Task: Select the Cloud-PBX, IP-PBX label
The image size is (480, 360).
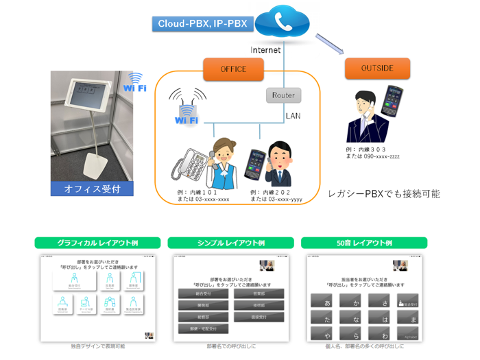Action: pos(202,24)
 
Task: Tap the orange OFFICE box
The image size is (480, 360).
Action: pos(233,69)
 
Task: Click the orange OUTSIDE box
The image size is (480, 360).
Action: pos(376,68)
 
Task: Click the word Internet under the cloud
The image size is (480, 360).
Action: pos(266,50)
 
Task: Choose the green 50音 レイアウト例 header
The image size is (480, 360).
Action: pos(364,243)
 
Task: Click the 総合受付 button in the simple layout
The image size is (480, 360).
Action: pos(203,293)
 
